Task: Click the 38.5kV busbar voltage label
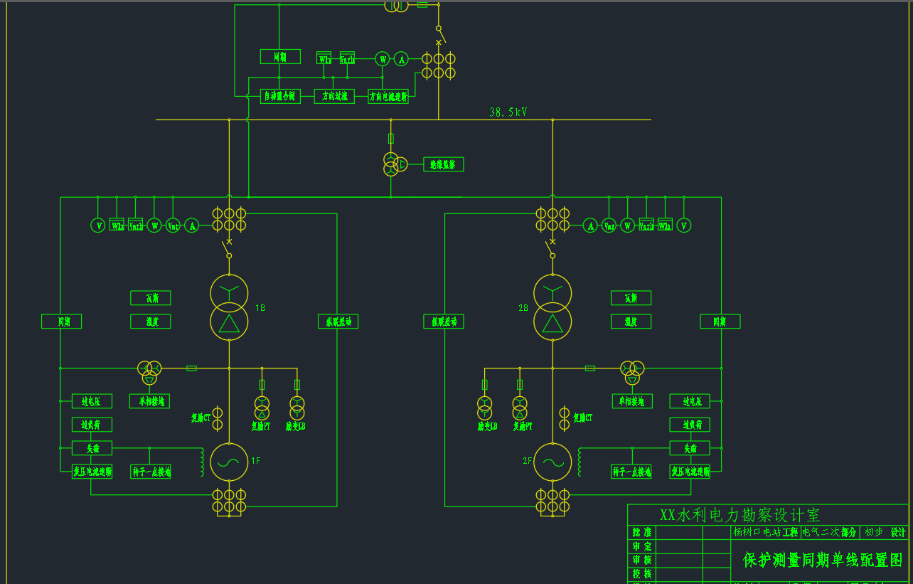508,112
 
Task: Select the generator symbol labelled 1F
229,461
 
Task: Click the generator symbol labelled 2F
552,461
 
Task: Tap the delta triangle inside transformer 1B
229,323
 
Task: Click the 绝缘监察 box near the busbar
443,164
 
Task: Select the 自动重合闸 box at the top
279,96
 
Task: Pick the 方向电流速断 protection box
388,96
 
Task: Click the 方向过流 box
334,96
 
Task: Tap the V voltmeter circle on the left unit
98,225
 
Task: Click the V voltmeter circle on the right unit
683,225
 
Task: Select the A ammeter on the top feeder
401,60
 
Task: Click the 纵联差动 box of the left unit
338,322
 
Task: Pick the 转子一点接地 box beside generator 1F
151,472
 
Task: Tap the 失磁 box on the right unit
690,448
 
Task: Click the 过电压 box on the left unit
92,401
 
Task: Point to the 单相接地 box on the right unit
631,401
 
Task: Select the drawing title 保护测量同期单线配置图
822,560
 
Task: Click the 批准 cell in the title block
642,532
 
